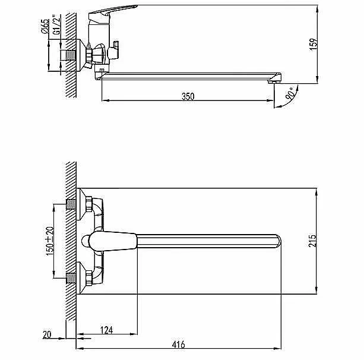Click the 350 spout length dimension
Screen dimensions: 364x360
tap(188, 96)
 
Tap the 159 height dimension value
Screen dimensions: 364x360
tap(314, 44)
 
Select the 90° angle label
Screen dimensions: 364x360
tap(290, 93)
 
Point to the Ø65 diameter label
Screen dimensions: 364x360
tap(45, 26)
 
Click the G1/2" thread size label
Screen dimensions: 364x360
tap(56, 25)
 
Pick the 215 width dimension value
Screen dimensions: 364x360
tap(313, 241)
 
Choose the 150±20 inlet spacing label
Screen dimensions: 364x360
tap(50, 241)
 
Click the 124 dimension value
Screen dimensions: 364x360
tap(107, 330)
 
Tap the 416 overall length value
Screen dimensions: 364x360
tap(179, 344)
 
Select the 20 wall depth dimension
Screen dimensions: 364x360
tap(47, 334)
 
